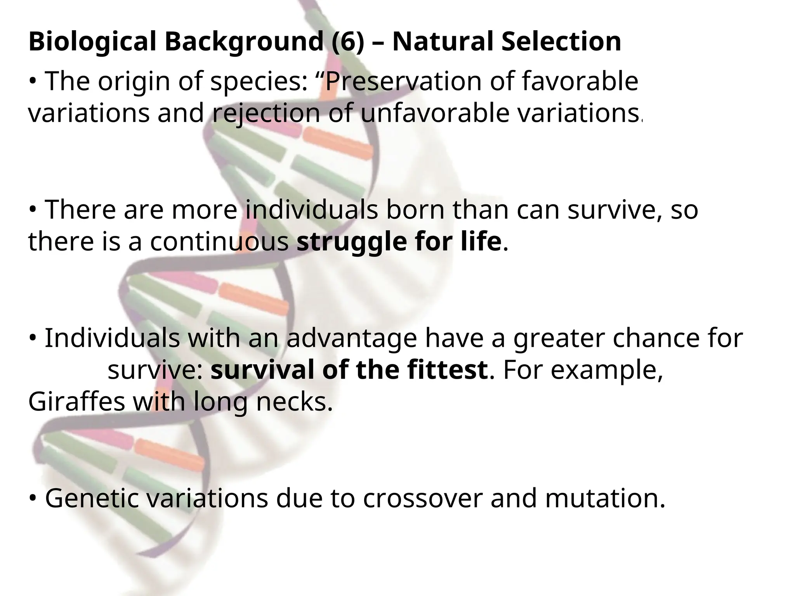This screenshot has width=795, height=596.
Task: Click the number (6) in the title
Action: click(x=348, y=42)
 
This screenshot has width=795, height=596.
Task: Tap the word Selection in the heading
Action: click(x=561, y=42)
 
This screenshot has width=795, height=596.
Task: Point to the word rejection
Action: click(x=267, y=114)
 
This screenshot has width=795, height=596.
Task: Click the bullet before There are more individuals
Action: click(x=33, y=210)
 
